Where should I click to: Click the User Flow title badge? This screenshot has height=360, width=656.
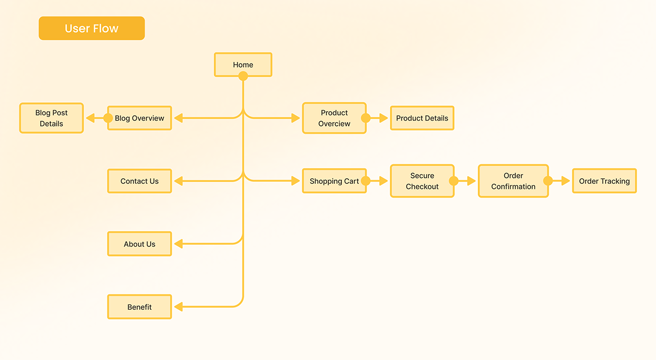(92, 28)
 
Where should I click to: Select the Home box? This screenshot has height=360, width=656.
(243, 65)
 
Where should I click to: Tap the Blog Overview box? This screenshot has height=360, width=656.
(140, 118)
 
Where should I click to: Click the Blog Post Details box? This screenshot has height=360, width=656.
(51, 118)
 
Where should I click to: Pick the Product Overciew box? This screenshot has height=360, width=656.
(334, 118)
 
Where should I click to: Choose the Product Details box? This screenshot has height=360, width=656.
(422, 118)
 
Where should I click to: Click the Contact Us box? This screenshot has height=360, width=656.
(140, 181)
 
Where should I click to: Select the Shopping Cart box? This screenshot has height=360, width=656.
(334, 181)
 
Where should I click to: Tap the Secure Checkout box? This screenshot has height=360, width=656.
(422, 181)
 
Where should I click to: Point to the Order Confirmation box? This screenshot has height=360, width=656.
(513, 181)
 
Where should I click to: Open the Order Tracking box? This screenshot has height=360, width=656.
(604, 181)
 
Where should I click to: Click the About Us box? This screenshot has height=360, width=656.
(140, 244)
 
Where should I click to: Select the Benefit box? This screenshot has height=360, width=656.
(140, 307)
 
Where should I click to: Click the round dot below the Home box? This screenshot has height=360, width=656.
(243, 76)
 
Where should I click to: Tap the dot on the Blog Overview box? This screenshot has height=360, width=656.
(108, 118)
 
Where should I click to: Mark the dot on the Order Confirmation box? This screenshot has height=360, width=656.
(548, 181)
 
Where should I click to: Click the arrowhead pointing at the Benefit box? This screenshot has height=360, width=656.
(178, 307)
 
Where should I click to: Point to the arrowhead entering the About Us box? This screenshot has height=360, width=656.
(178, 244)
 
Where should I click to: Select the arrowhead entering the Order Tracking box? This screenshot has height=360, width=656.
(566, 181)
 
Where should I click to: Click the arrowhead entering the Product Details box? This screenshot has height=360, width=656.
(384, 118)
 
